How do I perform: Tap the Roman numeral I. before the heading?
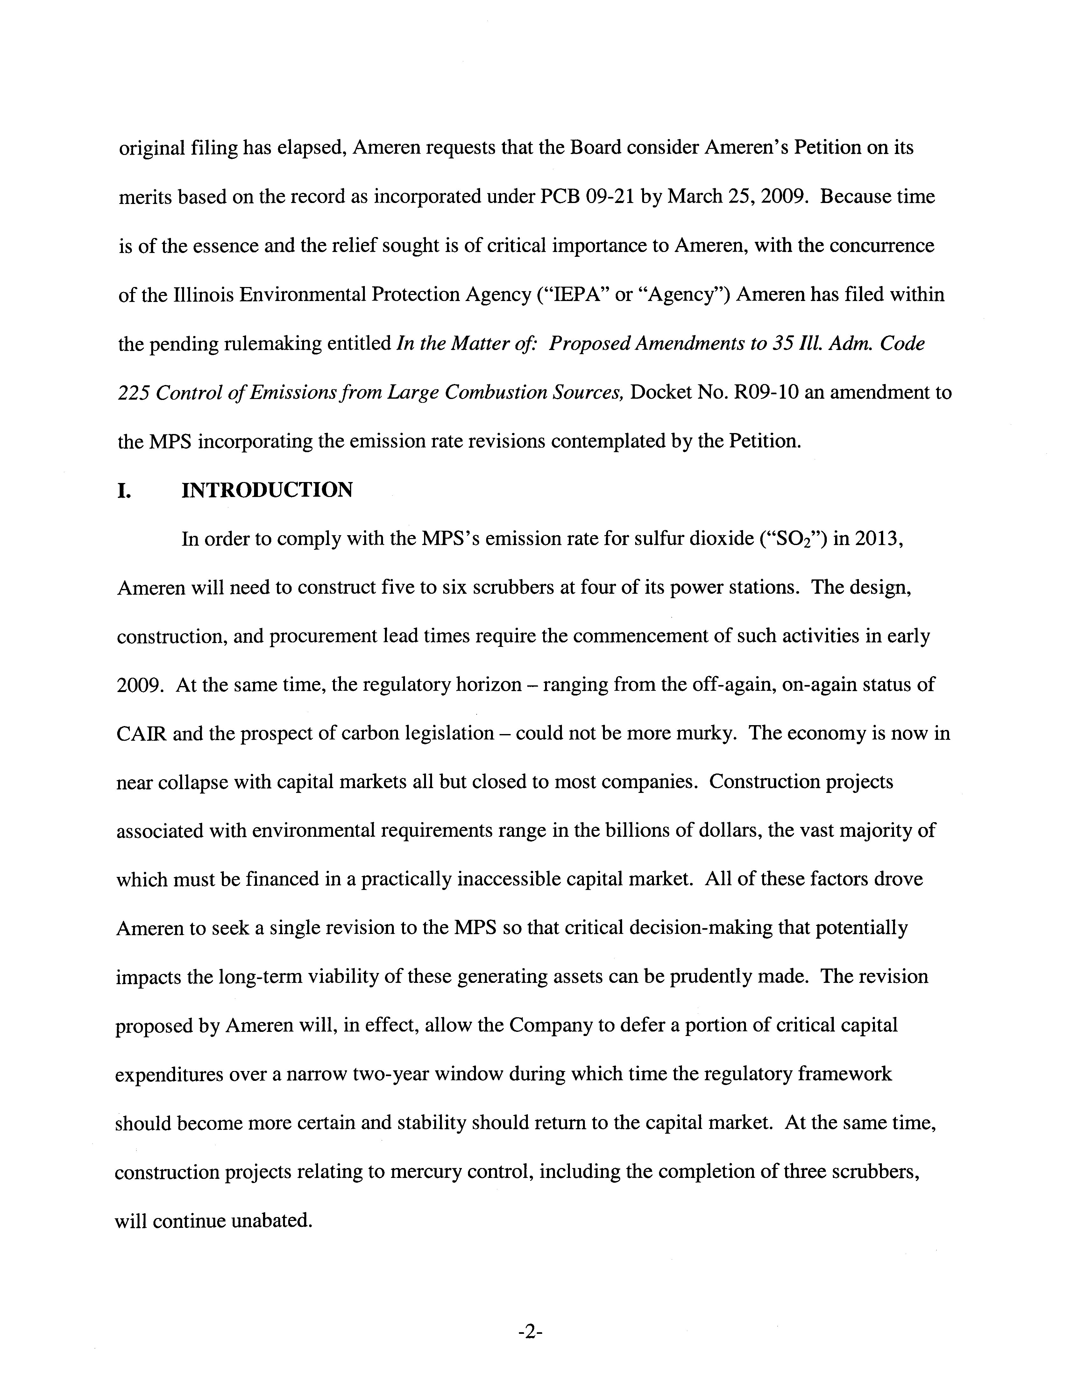(x=124, y=490)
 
